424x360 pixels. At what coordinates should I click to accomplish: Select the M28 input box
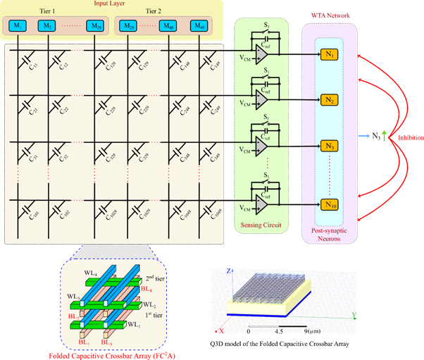[x=94, y=26]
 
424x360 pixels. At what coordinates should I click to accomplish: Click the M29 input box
[x=129, y=26]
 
